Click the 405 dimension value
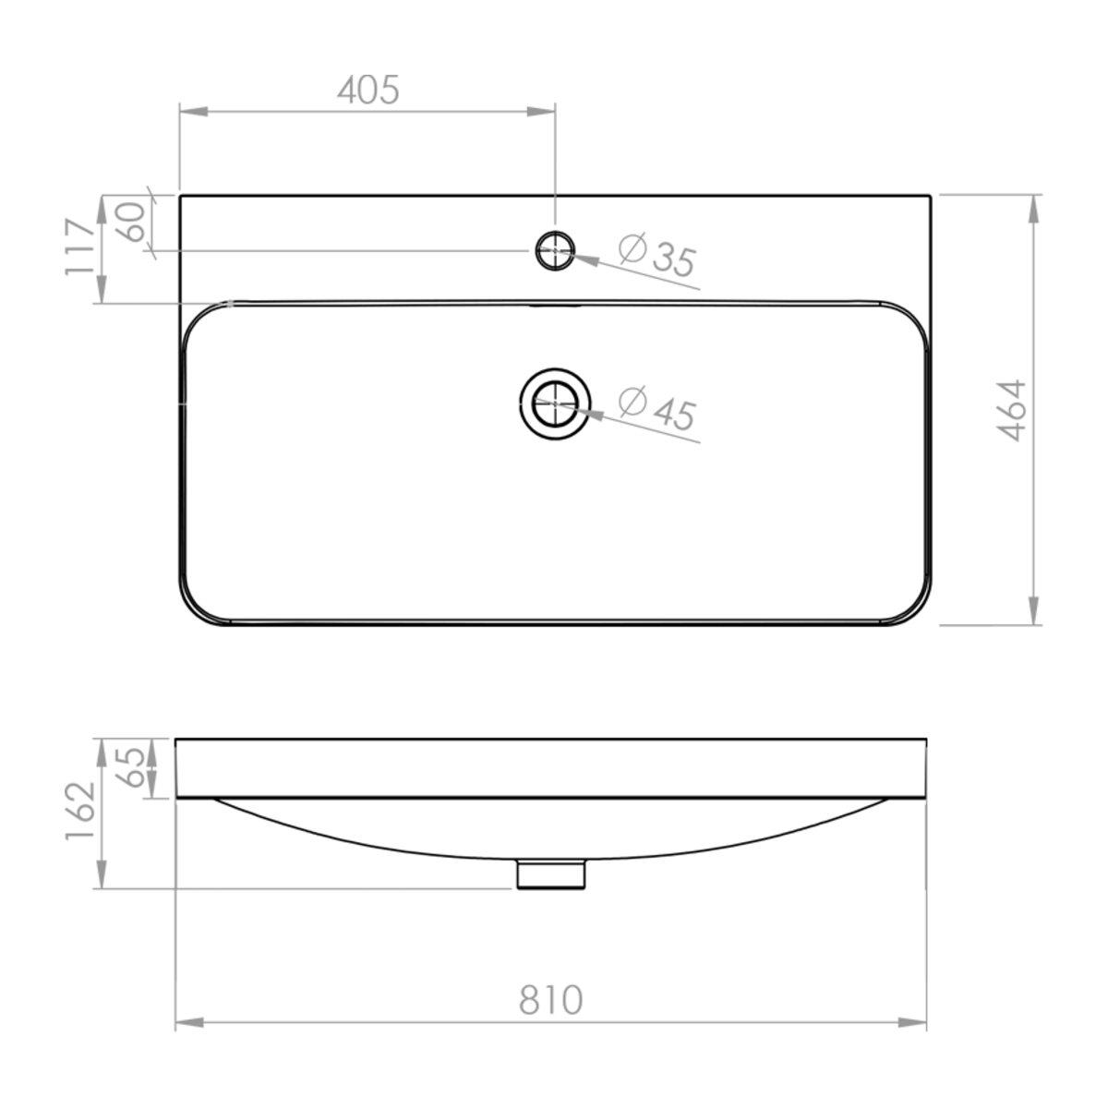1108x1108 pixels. pyautogui.click(x=367, y=90)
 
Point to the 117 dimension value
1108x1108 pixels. pyautogui.click(x=79, y=247)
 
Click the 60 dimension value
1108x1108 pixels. pyautogui.click(x=133, y=222)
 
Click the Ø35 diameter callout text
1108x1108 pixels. pyautogui.click(x=657, y=255)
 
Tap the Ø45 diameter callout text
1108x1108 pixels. pyautogui.click(x=657, y=408)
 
